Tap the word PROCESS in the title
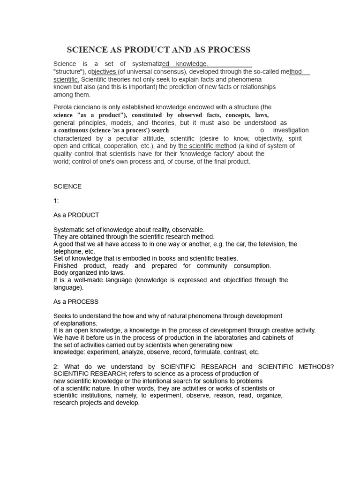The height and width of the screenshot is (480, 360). [228, 50]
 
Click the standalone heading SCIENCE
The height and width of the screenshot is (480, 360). [67, 187]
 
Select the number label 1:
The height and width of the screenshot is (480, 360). [56, 201]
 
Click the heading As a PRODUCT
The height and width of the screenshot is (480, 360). [76, 215]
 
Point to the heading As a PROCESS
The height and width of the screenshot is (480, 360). [76, 301]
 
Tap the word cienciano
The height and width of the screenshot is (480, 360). [90, 107]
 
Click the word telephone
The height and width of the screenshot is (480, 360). [67, 251]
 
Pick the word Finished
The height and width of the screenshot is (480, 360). [67, 266]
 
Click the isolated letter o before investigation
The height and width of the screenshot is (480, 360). [262, 130]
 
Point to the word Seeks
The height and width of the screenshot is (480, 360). [62, 316]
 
